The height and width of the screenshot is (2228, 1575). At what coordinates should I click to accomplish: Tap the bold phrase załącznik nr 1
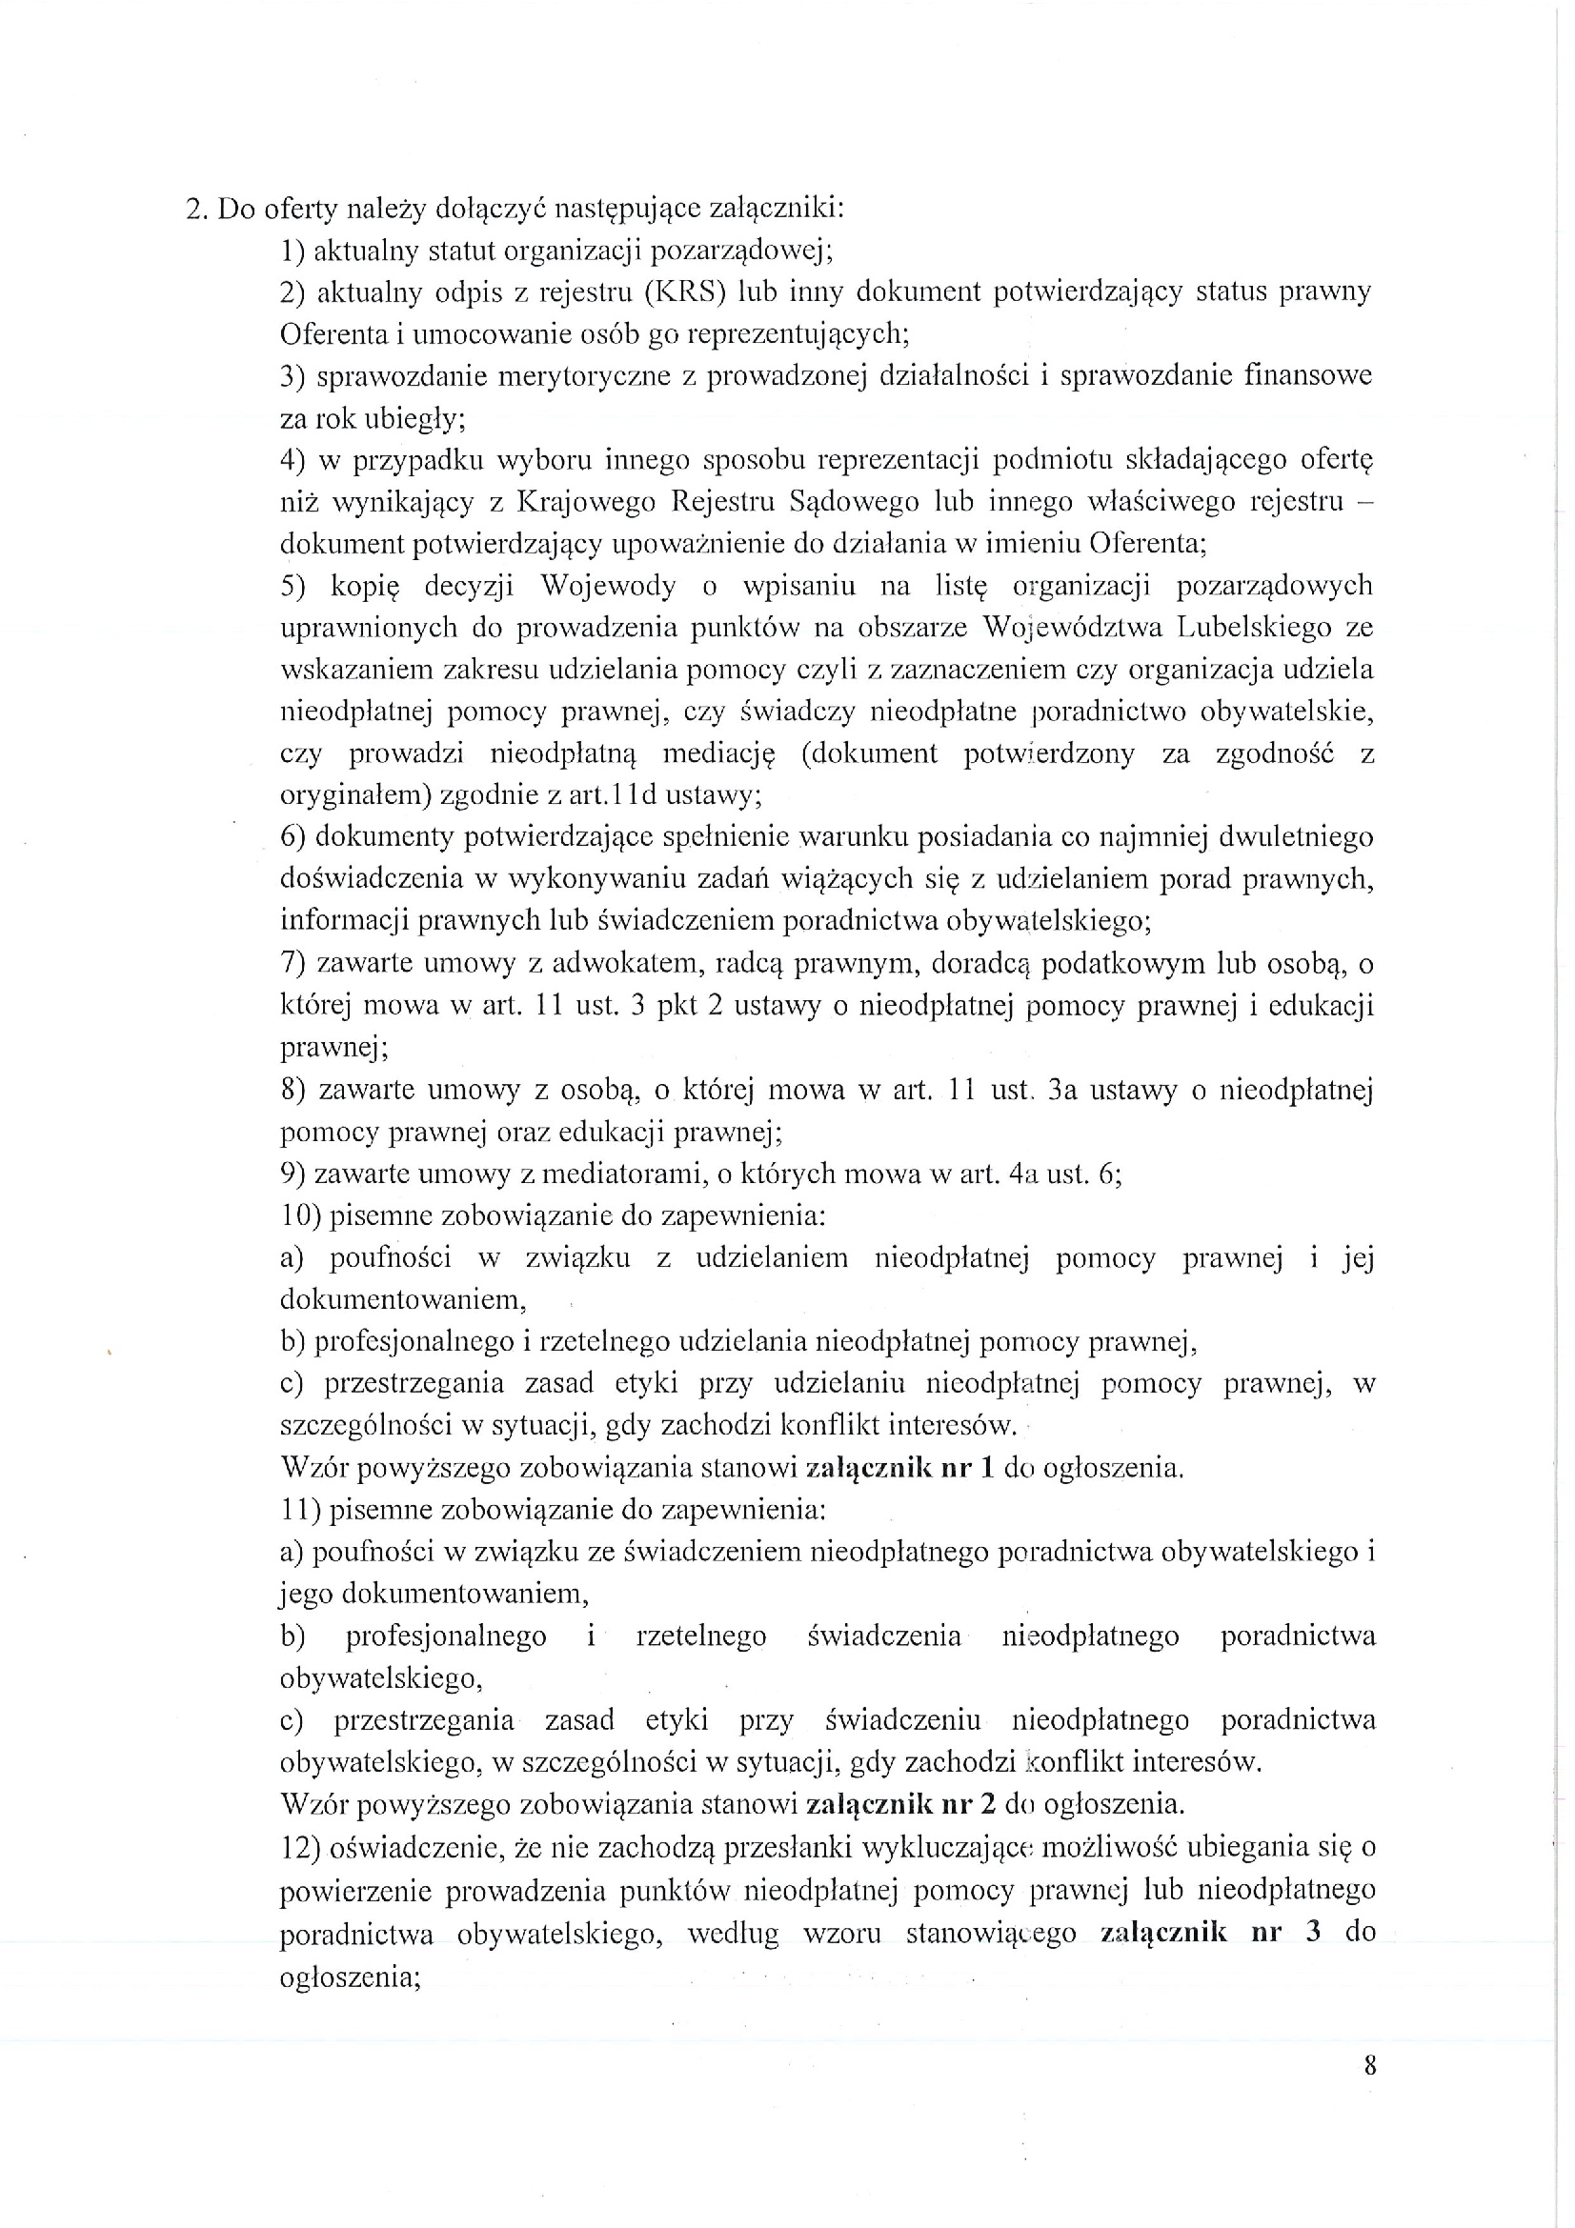click(900, 1467)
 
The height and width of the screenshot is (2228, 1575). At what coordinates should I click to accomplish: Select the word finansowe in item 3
click(1308, 375)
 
